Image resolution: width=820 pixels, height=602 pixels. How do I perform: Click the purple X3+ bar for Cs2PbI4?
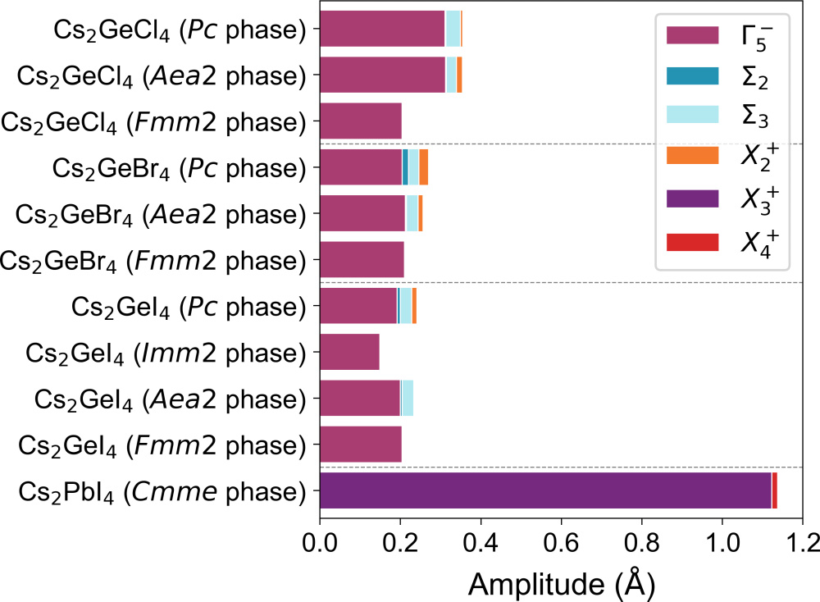(x=545, y=490)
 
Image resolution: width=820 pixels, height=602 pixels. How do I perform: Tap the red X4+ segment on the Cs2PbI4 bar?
(x=775, y=490)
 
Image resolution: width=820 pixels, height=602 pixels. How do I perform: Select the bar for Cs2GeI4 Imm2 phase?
(x=349, y=352)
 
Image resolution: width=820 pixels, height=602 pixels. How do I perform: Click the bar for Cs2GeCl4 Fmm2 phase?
(x=361, y=121)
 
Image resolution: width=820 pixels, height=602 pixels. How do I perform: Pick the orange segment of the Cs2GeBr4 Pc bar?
(x=424, y=167)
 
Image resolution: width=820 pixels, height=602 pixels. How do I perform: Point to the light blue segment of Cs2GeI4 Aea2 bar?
(x=408, y=399)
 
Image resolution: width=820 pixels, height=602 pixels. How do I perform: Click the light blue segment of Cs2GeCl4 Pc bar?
(x=453, y=29)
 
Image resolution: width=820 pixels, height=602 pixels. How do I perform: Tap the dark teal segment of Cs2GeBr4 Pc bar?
(x=405, y=167)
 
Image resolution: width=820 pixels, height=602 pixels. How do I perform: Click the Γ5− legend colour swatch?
(x=693, y=35)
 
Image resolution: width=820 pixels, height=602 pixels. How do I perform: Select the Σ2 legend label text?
(x=750, y=77)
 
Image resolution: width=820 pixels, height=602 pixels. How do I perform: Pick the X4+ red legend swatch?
(x=693, y=242)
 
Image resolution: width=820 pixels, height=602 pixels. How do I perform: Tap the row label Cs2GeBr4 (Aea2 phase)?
(x=162, y=215)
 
